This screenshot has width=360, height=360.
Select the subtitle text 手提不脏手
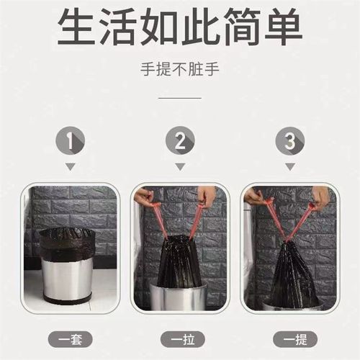coord(179,71)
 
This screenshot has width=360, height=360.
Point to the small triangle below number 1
coord(69,166)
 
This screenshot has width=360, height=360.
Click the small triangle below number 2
coord(179,166)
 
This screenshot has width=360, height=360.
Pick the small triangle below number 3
coord(289,166)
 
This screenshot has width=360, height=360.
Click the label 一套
coord(69,337)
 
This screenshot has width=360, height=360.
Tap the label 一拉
coord(179,337)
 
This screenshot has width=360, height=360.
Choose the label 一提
coord(289,337)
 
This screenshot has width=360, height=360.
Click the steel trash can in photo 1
coord(69,277)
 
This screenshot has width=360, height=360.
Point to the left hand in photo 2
coord(145,197)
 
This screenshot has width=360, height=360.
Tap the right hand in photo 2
coord(207,196)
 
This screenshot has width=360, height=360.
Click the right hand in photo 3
coord(321,197)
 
